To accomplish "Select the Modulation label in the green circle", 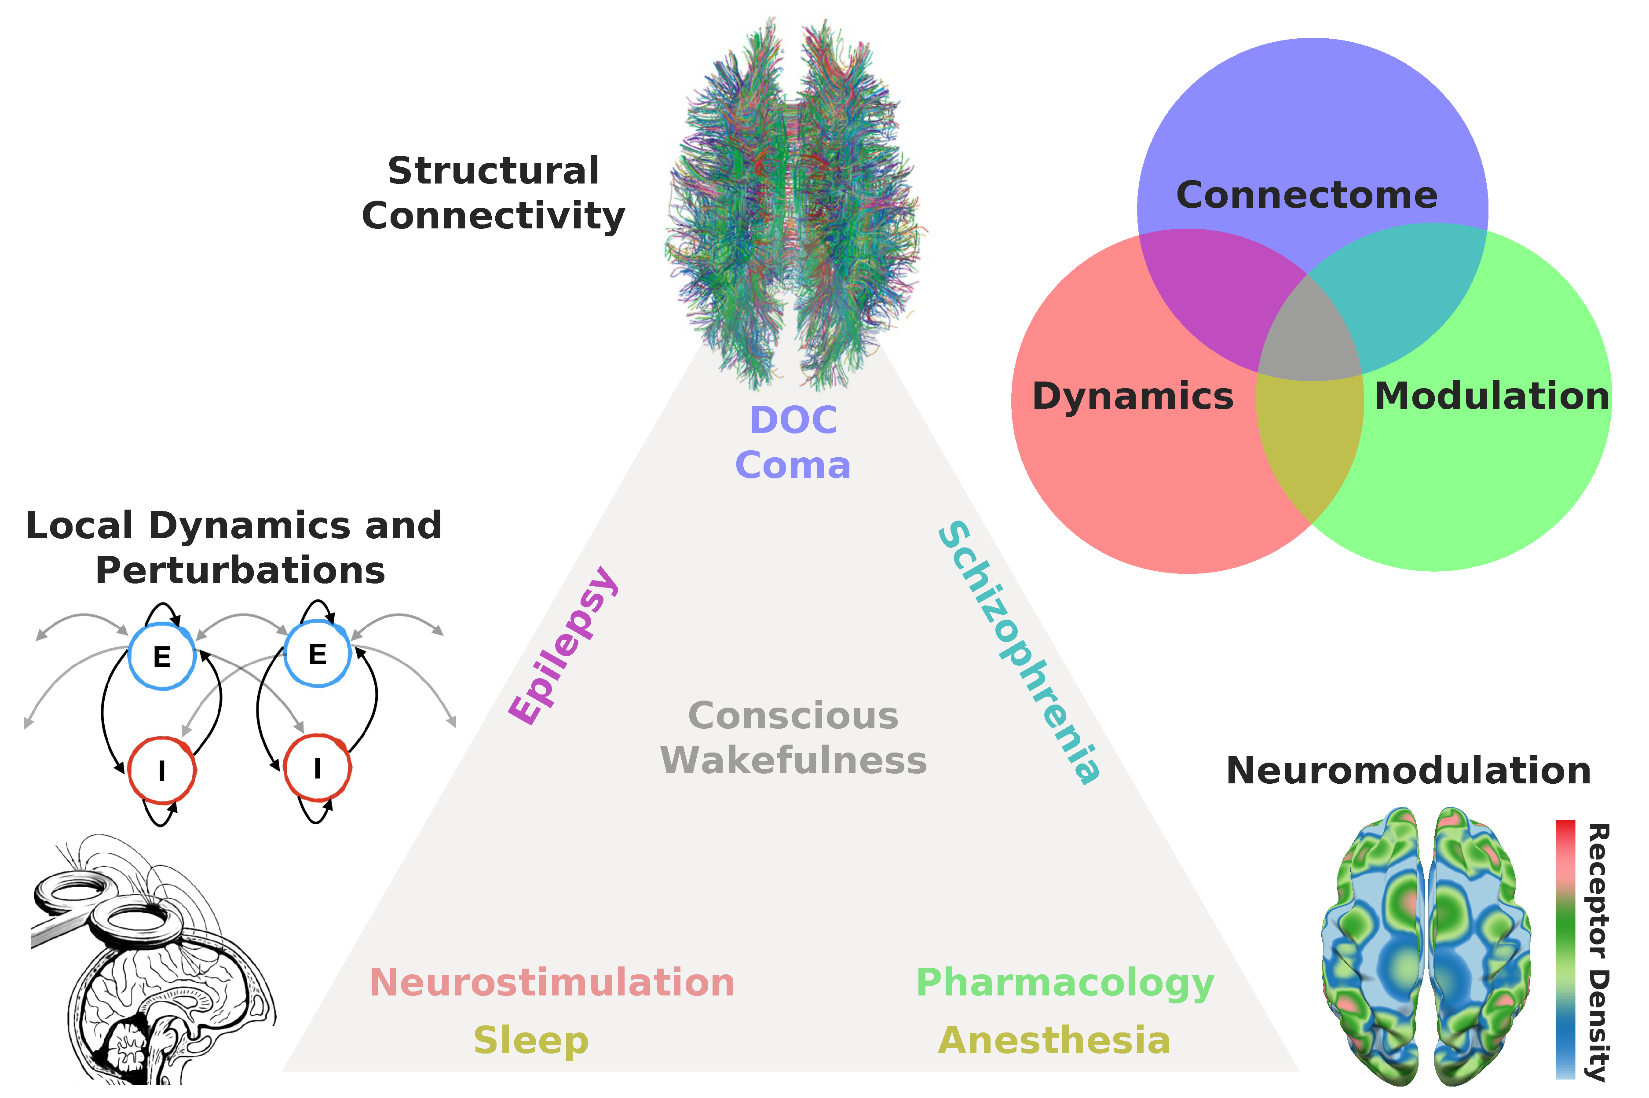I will coord(1491,397).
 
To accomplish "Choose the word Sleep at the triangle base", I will coord(530,1041).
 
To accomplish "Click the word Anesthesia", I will coord(1053,1041).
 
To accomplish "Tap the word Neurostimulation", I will coord(552,982).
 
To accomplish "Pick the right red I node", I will coord(317,768).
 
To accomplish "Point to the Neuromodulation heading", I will coord(1408,771).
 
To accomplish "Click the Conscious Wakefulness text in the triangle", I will coord(793,738).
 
